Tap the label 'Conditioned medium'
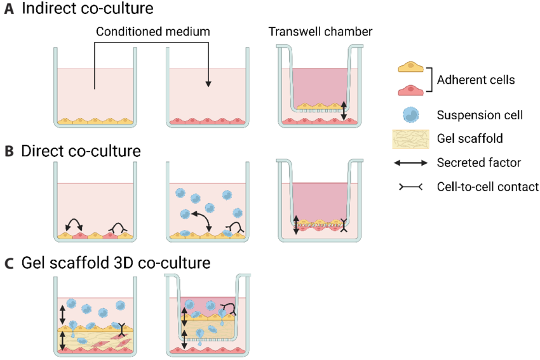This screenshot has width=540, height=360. pyautogui.click(x=153, y=31)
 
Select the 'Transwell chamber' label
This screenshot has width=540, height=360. pyautogui.click(x=320, y=31)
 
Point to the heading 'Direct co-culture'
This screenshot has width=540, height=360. pyautogui.click(x=81, y=152)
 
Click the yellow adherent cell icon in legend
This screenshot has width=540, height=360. pyautogui.click(x=410, y=67)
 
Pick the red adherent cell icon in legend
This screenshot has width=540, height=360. pyautogui.click(x=410, y=91)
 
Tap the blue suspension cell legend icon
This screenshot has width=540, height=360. pyautogui.click(x=411, y=115)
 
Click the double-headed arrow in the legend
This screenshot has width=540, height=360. pyautogui.click(x=410, y=163)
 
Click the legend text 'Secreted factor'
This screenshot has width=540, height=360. pyautogui.click(x=478, y=163)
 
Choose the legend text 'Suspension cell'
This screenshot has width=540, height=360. pyautogui.click(x=480, y=115)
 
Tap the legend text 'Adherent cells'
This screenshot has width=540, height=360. pyautogui.click(x=476, y=80)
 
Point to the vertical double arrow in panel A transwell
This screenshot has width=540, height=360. pyautogui.click(x=344, y=110)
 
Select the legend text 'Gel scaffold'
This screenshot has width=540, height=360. pyautogui.click(x=467, y=139)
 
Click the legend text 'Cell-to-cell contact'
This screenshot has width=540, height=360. pyautogui.click(x=488, y=187)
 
